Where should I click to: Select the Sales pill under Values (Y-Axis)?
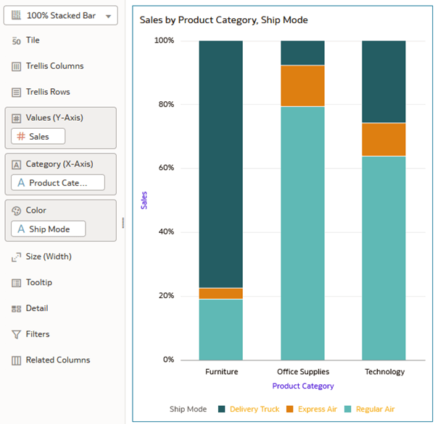pyautogui.click(x=38, y=136)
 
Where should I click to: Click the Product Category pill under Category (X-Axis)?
pyautogui.click(x=57, y=183)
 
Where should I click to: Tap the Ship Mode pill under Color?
pyautogui.click(x=49, y=229)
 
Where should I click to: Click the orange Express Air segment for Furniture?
pyautogui.click(x=221, y=293)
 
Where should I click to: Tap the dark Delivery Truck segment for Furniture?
pyautogui.click(x=221, y=164)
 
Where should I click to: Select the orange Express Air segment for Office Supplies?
pyautogui.click(x=302, y=86)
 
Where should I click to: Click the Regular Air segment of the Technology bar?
pyautogui.click(x=384, y=258)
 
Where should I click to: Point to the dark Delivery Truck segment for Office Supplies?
pyautogui.click(x=302, y=53)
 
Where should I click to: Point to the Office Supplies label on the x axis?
pyautogui.click(x=302, y=372)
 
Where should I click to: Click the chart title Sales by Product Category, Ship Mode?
pyautogui.click(x=223, y=20)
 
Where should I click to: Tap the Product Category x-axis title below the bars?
pyautogui.click(x=302, y=386)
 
